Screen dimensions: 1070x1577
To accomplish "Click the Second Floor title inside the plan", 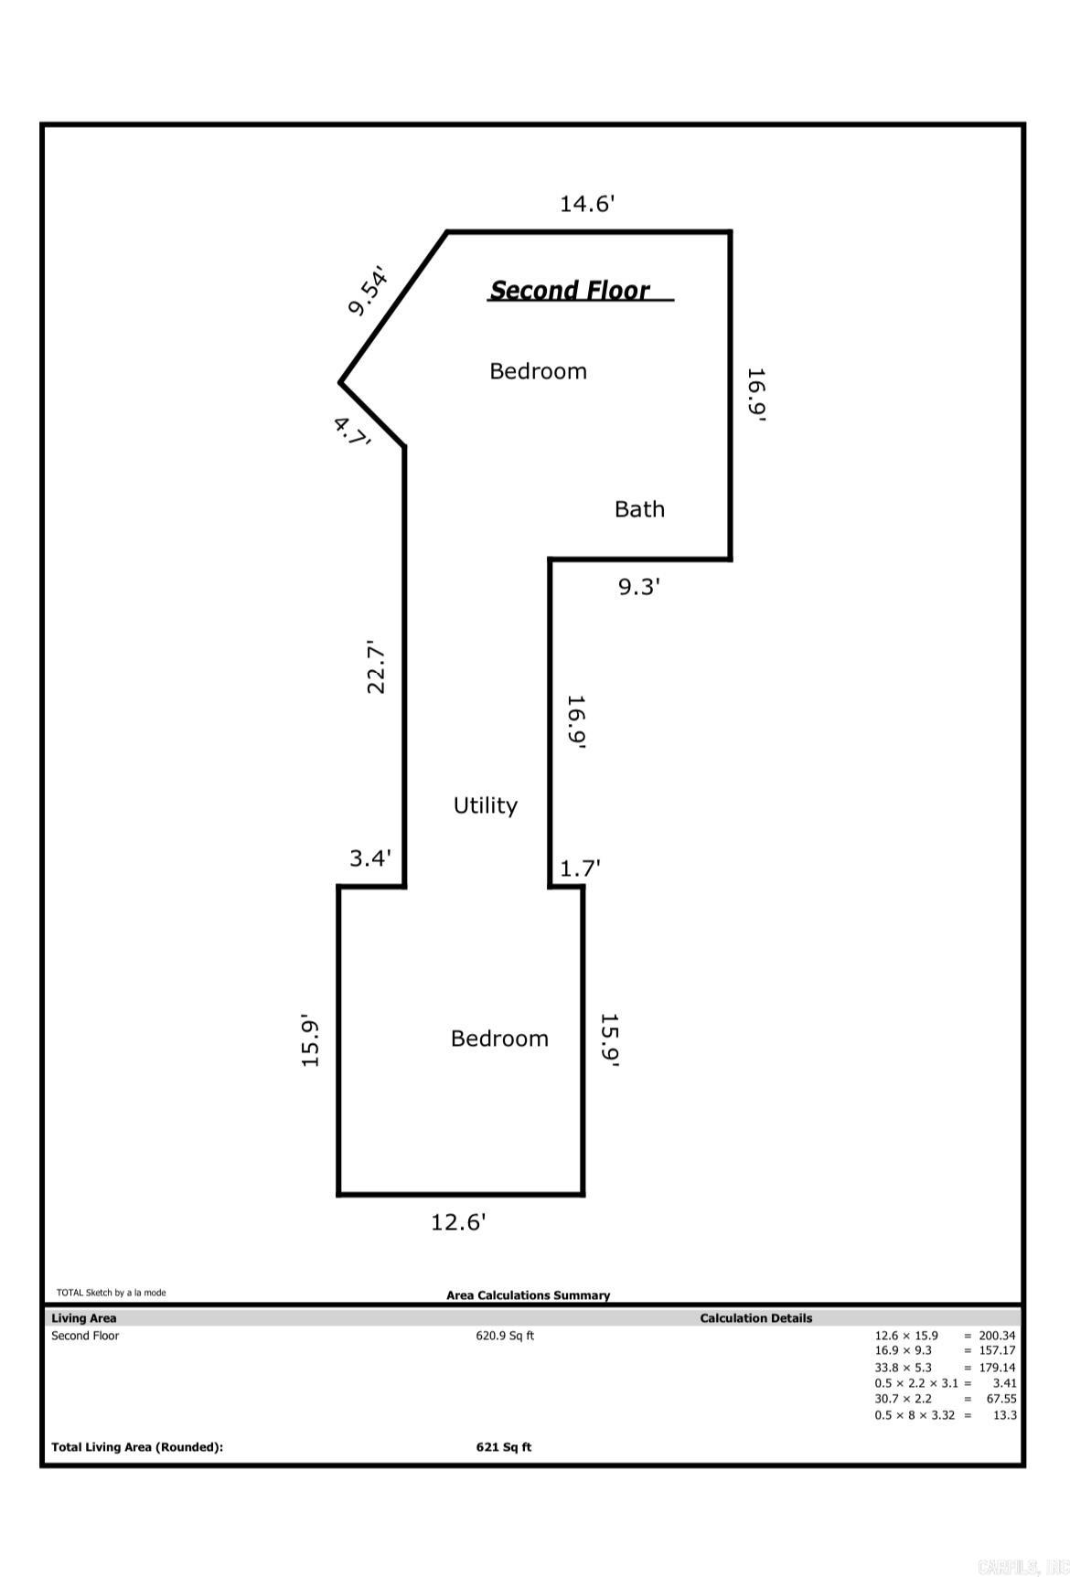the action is pyautogui.click(x=570, y=290).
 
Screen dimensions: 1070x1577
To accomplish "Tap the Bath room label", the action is pyautogui.click(x=639, y=509).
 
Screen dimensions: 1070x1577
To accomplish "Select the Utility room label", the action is pyautogui.click(x=486, y=805).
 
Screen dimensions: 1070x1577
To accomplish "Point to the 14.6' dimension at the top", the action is pyautogui.click(x=587, y=203).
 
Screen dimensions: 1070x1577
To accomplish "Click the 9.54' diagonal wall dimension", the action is pyautogui.click(x=369, y=290).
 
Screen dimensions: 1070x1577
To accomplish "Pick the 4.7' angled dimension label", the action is pyautogui.click(x=352, y=432).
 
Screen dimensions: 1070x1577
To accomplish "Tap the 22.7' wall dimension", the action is pyautogui.click(x=376, y=666).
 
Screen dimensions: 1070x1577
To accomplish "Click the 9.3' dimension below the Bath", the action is pyautogui.click(x=639, y=587).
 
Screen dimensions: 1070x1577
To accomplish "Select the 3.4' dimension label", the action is pyautogui.click(x=370, y=858).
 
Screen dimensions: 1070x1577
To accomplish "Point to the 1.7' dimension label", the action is pyautogui.click(x=580, y=868).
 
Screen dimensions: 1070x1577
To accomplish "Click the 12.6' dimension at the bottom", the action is pyautogui.click(x=458, y=1222).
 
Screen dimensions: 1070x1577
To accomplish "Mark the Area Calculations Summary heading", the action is pyautogui.click(x=528, y=1295).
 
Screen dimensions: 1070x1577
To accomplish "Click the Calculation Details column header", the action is pyautogui.click(x=755, y=1318).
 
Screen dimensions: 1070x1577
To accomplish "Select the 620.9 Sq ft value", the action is pyautogui.click(x=505, y=1336).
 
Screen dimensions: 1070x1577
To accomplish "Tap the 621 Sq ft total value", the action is pyautogui.click(x=504, y=1447).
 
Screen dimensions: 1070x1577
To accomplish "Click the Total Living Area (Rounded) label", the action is pyautogui.click(x=137, y=1447).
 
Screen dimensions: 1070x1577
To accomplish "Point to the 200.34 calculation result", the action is pyautogui.click(x=997, y=1336).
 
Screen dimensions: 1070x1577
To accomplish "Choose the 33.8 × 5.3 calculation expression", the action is pyautogui.click(x=903, y=1368).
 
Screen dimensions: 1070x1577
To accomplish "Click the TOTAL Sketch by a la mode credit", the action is pyautogui.click(x=112, y=1293).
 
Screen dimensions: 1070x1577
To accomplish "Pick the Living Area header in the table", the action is pyautogui.click(x=84, y=1318).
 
